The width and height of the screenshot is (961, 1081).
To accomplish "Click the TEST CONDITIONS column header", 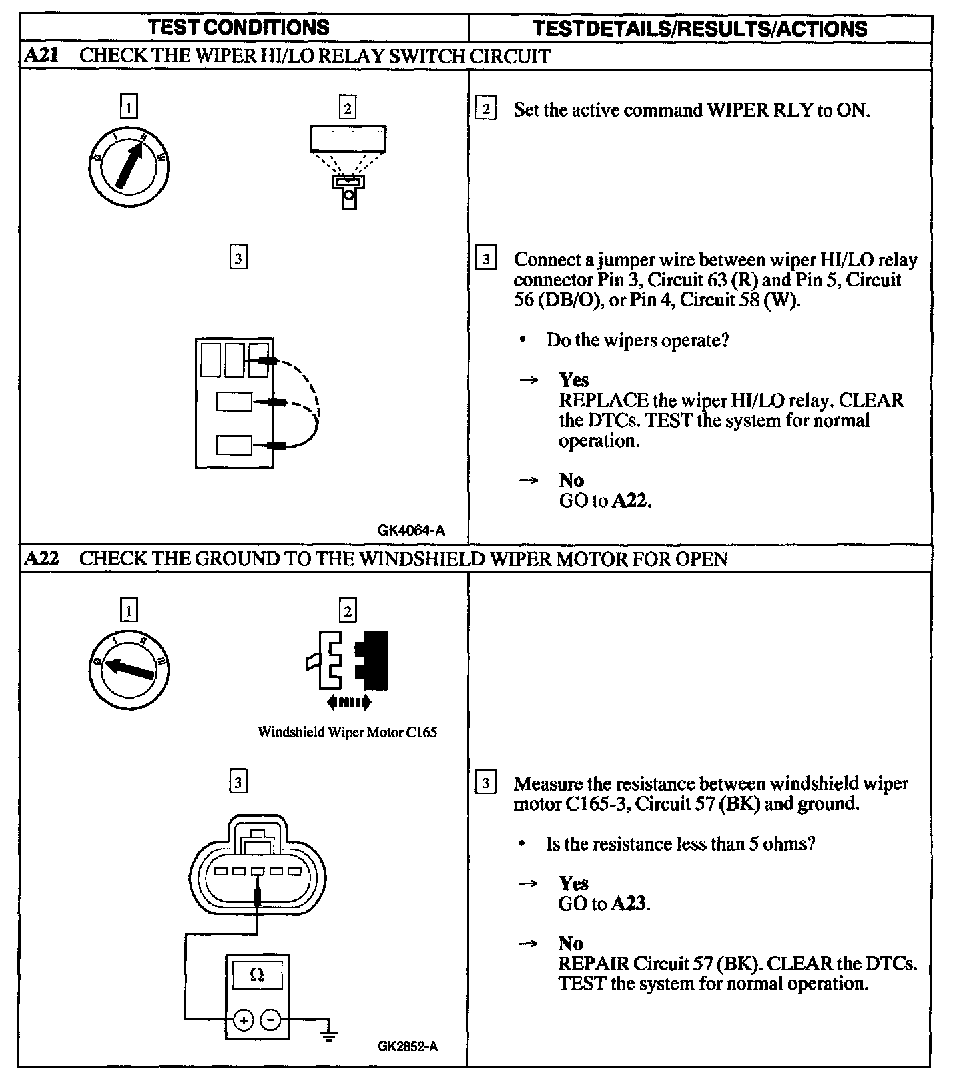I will [x=238, y=27].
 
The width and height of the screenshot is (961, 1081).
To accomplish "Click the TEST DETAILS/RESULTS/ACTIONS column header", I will [x=700, y=29].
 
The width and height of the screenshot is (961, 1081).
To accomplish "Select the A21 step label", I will [x=41, y=55].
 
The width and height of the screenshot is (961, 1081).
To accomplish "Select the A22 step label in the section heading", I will [x=41, y=559].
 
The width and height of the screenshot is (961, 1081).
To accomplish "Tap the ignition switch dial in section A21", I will [x=129, y=164].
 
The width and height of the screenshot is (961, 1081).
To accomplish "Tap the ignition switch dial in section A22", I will [x=129, y=668].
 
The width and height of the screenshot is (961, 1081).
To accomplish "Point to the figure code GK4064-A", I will [x=411, y=531].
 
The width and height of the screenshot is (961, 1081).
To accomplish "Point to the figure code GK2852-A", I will [x=407, y=1046].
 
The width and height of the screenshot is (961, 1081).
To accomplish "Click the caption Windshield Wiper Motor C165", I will [x=347, y=732].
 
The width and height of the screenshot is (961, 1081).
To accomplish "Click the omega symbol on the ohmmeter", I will [x=257, y=975].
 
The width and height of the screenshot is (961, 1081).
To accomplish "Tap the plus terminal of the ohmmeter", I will [x=243, y=1020].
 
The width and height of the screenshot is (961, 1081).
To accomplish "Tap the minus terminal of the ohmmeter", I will [x=270, y=1020].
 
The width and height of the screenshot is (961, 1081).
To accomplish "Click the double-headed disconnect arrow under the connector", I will [x=348, y=701].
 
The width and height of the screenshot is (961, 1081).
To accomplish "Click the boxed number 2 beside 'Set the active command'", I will [x=485, y=109].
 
